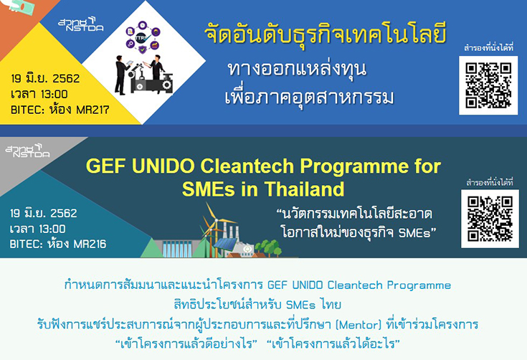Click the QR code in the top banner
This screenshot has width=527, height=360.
pyautogui.click(x=488, y=85)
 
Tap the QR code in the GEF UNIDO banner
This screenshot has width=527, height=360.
pyautogui.click(x=490, y=219)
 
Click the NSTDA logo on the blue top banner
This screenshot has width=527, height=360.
pyautogui.click(x=81, y=24)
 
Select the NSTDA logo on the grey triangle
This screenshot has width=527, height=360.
pyautogui.click(x=27, y=151)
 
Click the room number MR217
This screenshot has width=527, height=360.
pyautogui.click(x=92, y=110)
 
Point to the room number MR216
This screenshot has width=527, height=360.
pyautogui.click(x=90, y=244)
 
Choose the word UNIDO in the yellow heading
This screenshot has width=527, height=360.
pyautogui.click(x=163, y=166)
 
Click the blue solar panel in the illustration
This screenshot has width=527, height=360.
pyautogui.click(x=225, y=244)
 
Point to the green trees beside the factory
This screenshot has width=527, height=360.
pyautogui.click(x=268, y=247)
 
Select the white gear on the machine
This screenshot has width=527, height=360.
pyautogui.click(x=166, y=85)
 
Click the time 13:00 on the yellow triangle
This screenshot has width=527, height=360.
pyautogui.click(x=54, y=94)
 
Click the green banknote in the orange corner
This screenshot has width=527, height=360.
pyautogui.click(x=21, y=6)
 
